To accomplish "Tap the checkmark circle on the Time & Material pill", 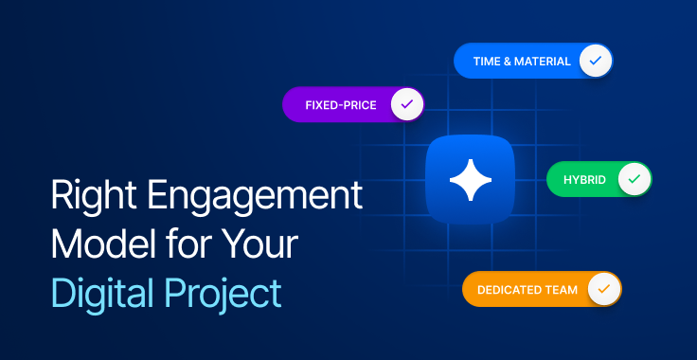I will pos(595,62).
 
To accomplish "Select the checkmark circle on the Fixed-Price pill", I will pos(406,104).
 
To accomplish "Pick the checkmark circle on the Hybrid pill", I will pos(634,177).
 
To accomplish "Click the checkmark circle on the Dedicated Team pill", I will pos(603,289).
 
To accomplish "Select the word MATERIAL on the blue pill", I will pos(545,62).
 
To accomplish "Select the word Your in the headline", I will pos(261,244).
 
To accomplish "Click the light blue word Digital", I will pos(106,293).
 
